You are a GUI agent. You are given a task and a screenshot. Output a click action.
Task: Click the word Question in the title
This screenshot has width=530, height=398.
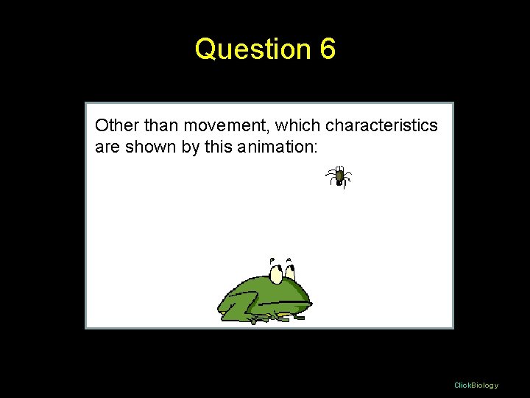coord(253,49)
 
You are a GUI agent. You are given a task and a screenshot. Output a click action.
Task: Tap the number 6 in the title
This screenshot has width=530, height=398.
coord(328,49)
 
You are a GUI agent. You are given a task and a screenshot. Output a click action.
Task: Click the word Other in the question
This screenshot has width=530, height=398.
coord(112,125)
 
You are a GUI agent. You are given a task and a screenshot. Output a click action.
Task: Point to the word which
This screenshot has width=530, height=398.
coord(297,125)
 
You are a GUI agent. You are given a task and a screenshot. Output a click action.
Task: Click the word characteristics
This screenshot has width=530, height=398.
coord(381,126)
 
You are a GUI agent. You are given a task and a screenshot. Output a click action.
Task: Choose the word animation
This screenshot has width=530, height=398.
coord(275,147)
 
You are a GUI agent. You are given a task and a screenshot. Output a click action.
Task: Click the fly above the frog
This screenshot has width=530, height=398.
coord(339,177)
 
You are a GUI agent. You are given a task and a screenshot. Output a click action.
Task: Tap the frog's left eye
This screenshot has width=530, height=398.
coord(277,274)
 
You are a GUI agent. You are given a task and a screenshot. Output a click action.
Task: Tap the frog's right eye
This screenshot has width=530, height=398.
coord(290,273)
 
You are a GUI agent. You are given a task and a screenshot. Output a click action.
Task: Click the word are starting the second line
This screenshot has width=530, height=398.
coord(107,147)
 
